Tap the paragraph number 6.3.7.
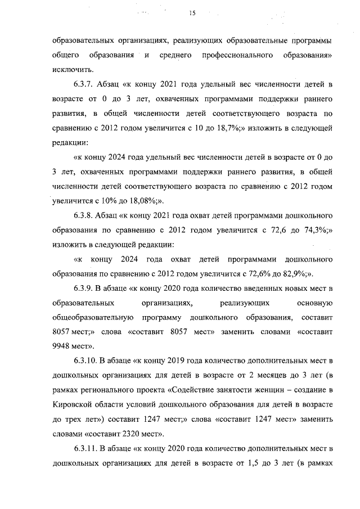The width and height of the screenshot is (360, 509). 83,85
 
